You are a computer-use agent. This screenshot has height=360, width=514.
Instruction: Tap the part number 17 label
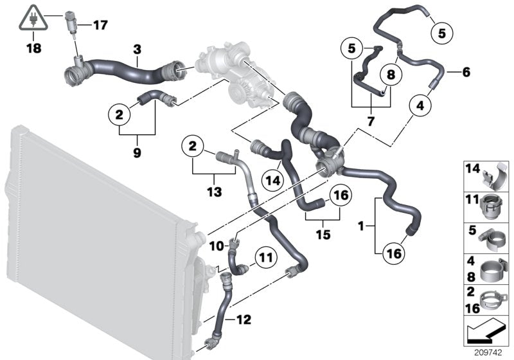point(101,25)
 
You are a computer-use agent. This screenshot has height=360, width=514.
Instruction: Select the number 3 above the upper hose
point(137,48)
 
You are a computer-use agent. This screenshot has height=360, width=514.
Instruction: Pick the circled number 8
point(391,75)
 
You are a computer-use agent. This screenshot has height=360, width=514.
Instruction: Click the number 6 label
point(466,73)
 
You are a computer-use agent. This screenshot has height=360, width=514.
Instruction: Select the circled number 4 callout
point(419,104)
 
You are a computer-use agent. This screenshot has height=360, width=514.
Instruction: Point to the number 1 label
point(361,226)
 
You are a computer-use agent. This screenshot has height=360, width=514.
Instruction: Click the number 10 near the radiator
point(217,245)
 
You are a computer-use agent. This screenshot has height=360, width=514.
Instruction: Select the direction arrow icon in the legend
point(485,332)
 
